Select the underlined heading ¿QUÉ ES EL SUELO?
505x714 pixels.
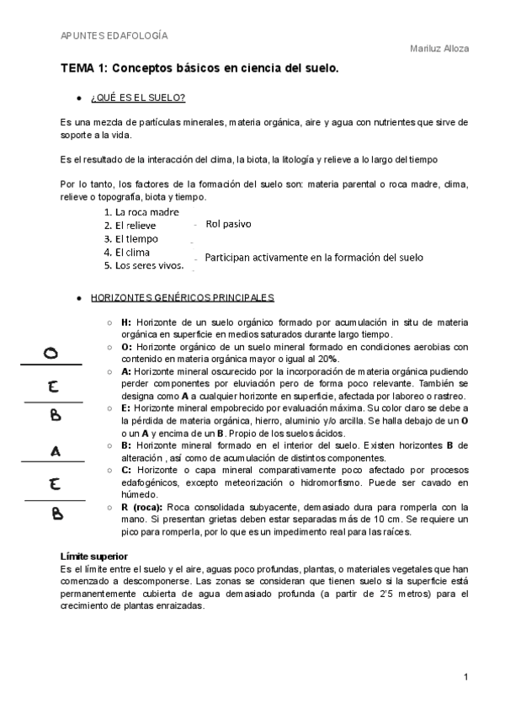coord(138,98)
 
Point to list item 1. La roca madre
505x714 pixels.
coord(141,212)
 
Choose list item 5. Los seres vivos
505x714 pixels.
coord(143,265)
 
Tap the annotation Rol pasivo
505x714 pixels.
coord(228,225)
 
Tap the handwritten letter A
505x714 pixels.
coord(56,451)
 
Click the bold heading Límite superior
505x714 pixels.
coord(93,557)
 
